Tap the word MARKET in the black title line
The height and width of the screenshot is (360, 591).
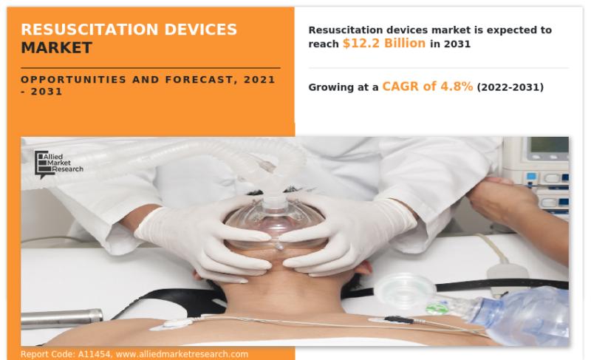click(x=57, y=48)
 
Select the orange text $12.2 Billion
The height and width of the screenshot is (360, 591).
click(x=384, y=44)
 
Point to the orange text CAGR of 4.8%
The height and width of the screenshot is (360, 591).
click(x=428, y=86)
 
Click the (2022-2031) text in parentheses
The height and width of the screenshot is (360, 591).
click(x=510, y=87)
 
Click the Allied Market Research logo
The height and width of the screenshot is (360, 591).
click(x=58, y=165)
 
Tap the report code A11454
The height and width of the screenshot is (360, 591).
click(x=95, y=354)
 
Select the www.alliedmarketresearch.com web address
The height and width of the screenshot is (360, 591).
click(x=182, y=354)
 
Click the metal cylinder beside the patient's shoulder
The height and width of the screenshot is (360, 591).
click(x=61, y=317)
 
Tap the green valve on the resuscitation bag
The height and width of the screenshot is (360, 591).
click(x=437, y=308)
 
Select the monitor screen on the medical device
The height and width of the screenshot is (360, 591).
click(x=549, y=145)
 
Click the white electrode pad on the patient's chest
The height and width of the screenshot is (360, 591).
click(x=174, y=323)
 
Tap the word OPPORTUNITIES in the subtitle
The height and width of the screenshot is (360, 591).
click(x=73, y=80)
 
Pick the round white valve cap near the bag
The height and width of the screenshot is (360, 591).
click(x=405, y=291)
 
